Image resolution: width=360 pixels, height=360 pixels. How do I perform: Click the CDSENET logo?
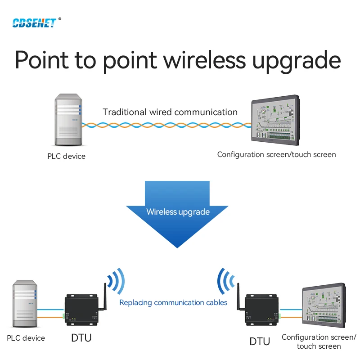click(34, 22)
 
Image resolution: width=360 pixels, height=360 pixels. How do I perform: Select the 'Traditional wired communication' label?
click(170, 112)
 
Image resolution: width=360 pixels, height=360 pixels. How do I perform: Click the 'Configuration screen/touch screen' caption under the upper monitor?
click(276, 155)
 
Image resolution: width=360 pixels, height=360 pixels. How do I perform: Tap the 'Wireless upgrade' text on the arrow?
click(178, 211)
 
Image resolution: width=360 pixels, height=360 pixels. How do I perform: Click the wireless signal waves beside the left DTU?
click(117, 281)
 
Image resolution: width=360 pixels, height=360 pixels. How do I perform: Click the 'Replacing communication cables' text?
click(173, 303)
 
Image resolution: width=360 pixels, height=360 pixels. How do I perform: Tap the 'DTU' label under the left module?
click(81, 337)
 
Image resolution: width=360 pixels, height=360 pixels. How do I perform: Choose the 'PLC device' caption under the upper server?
click(66, 157)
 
